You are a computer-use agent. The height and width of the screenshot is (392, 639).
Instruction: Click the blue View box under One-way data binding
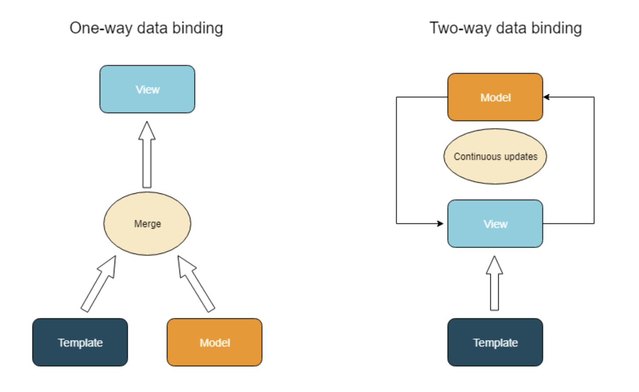click(147, 89)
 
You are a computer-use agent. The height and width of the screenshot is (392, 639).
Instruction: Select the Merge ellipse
click(147, 223)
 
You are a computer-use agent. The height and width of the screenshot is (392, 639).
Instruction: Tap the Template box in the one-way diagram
click(80, 342)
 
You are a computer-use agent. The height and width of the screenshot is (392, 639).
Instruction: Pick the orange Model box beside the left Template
click(214, 342)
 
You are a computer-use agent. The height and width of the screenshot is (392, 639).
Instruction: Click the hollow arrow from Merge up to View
click(147, 155)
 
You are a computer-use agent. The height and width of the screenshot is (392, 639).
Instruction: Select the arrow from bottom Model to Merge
click(196, 283)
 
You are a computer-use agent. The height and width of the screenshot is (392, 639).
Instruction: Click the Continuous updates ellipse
click(495, 156)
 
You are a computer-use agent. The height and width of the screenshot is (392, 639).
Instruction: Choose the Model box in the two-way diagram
click(495, 97)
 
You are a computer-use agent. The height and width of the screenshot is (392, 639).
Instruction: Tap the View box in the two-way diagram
click(495, 224)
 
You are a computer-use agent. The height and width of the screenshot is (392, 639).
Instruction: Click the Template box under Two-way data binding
click(495, 342)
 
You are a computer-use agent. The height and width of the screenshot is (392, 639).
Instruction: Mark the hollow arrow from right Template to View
click(494, 283)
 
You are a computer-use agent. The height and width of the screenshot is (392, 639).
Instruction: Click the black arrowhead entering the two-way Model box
click(546, 97)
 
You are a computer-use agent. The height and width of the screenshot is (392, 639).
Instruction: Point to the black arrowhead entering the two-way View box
click(440, 223)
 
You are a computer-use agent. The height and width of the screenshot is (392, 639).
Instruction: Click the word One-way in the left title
click(101, 28)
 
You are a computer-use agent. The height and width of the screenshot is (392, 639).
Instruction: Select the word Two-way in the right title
click(461, 28)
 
